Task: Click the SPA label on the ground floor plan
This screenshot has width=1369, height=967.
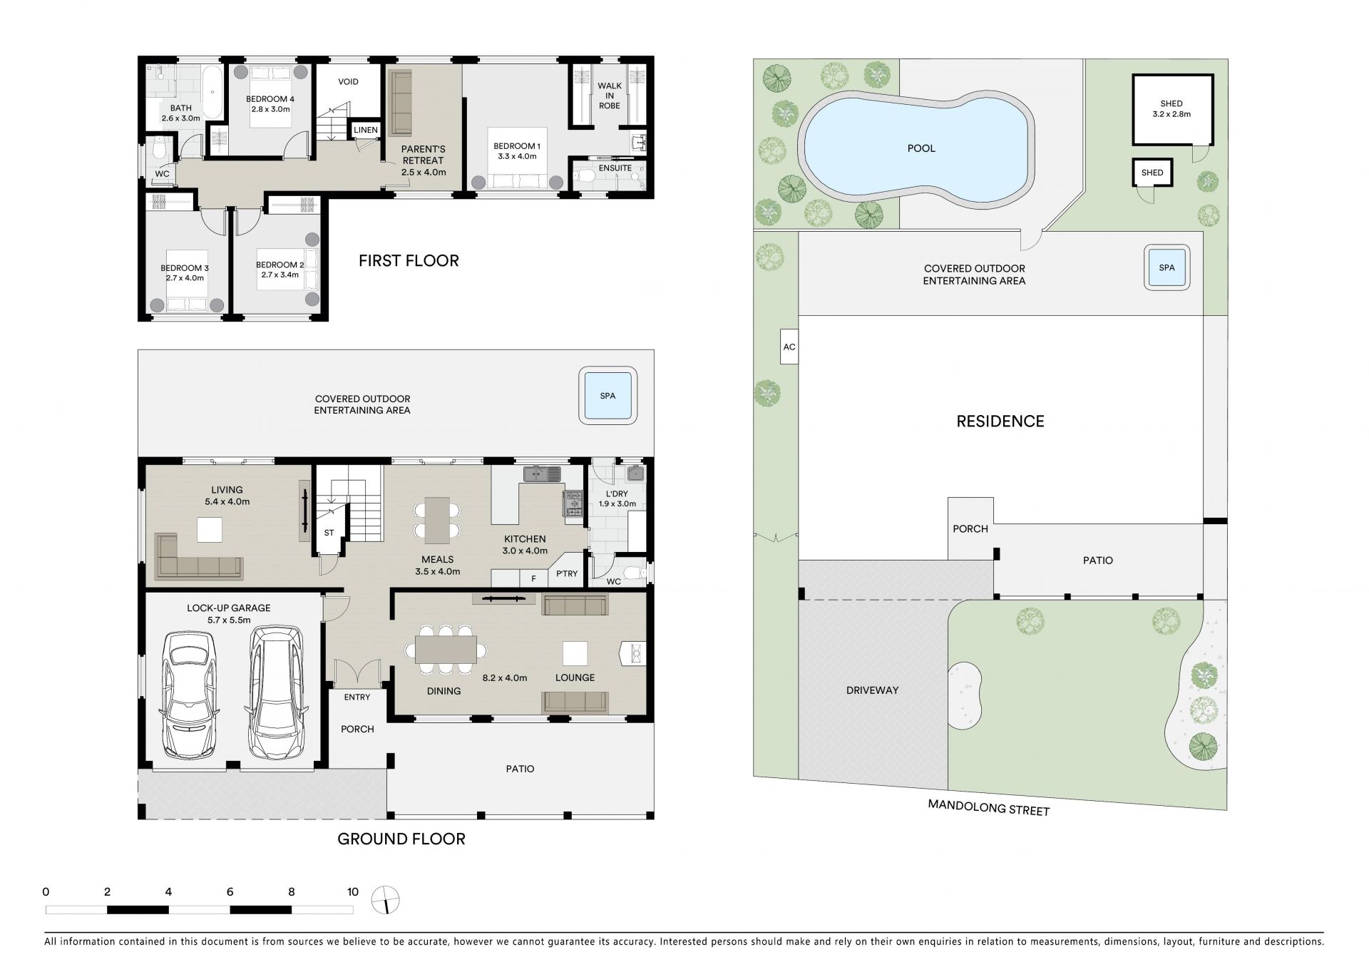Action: click(607, 396)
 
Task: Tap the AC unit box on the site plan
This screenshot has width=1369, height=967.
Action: click(789, 347)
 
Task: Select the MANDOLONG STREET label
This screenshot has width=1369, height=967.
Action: click(988, 808)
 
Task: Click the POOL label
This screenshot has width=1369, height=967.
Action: click(921, 148)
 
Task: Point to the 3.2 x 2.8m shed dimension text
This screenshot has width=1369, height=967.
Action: click(1171, 114)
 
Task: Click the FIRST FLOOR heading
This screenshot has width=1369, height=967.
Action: click(409, 261)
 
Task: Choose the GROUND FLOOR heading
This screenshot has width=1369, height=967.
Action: click(401, 839)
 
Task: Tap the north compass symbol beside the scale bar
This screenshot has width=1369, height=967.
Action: click(386, 900)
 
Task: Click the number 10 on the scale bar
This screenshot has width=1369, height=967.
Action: click(353, 892)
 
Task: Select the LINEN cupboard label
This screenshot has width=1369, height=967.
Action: click(366, 130)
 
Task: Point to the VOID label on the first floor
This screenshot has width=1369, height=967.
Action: click(348, 82)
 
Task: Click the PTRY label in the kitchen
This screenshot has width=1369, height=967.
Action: click(567, 574)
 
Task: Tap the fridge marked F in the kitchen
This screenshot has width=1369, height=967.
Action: click(533, 578)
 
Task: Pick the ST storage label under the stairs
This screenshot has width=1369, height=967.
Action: click(329, 533)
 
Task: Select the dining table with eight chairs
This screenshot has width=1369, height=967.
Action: click(446, 650)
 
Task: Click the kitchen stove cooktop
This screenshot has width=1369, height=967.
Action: click(573, 503)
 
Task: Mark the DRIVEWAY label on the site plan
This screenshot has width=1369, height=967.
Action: click(872, 690)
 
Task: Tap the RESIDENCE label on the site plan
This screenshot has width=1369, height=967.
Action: click(1000, 421)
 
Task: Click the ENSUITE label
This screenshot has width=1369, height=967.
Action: click(615, 168)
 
